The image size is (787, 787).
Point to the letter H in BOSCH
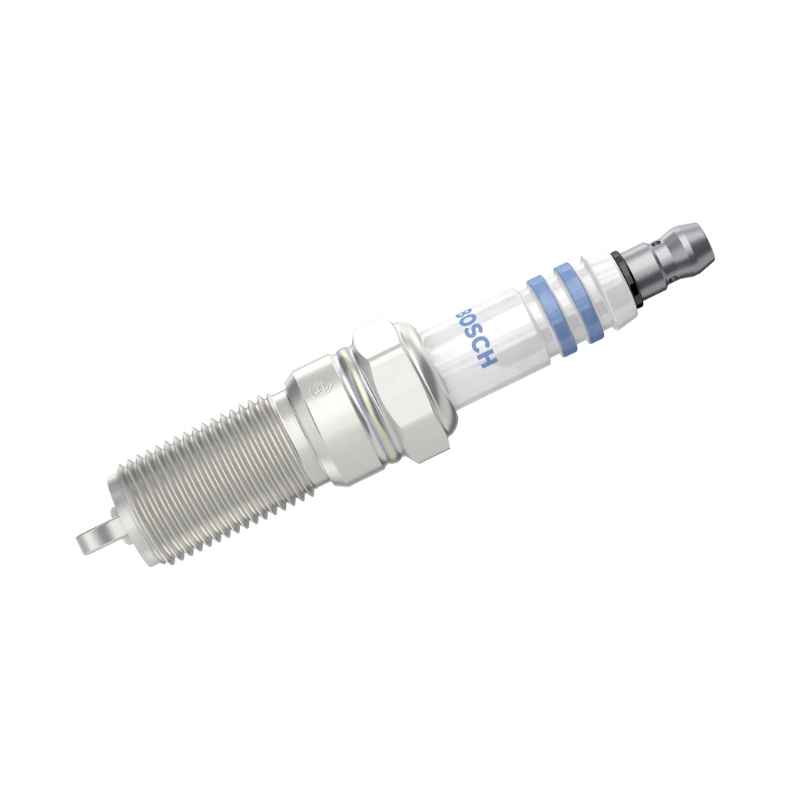point(487,358)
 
